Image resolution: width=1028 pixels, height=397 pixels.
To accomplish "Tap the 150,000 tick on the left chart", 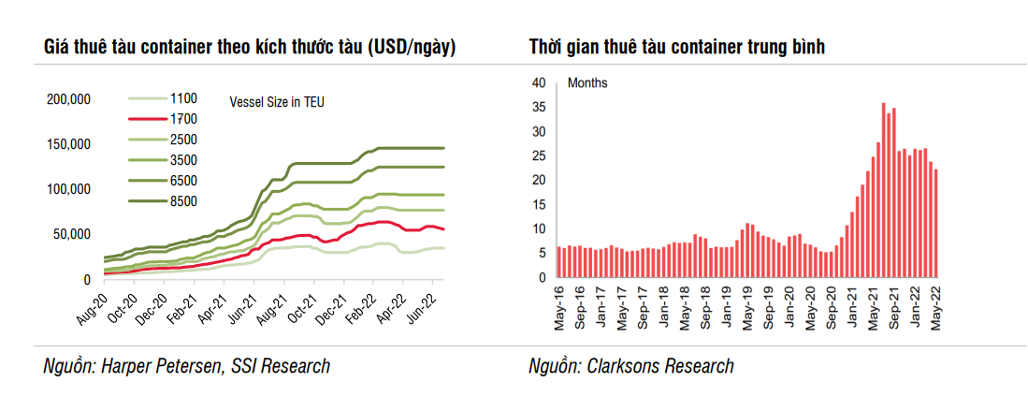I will [68, 144].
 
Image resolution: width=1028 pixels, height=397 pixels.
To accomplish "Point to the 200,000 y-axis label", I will [68, 99].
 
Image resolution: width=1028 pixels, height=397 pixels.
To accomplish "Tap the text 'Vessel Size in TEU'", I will [277, 101].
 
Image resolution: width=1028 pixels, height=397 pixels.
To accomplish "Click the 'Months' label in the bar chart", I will [587, 83].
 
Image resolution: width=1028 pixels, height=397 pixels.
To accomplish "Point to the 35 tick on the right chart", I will [538, 107].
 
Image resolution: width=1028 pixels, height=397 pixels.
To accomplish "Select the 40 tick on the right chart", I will [538, 82].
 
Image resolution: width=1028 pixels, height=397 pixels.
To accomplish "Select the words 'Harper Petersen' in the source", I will [168, 366].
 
